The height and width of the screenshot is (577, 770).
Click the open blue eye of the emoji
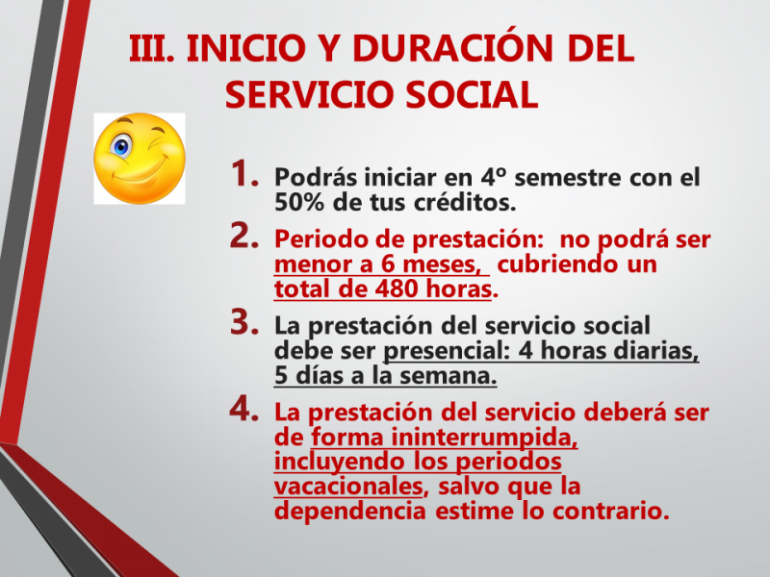pos(121,147)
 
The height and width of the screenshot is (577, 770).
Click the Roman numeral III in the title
pos(151,49)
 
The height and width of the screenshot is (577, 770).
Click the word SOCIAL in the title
pos(473,94)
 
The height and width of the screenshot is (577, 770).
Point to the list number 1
pos(244,174)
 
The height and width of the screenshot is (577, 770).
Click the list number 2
pos(244,236)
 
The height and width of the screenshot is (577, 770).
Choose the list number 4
pos(244,409)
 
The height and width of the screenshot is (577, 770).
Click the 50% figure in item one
pos(298,202)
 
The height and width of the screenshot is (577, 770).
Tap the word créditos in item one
pos(464,202)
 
